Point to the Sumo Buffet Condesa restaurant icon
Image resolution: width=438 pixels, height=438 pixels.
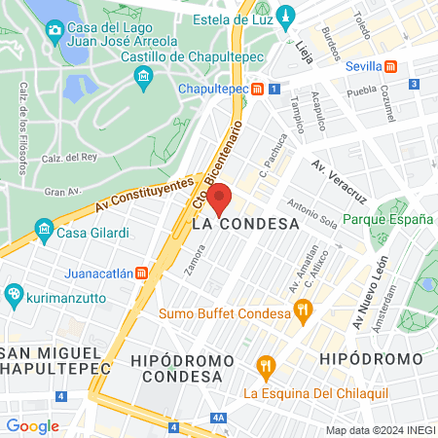coord(303,313)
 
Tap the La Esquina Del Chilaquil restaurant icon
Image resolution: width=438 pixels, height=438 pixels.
coord(264,367)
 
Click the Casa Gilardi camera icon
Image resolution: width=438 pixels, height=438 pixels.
coord(44,230)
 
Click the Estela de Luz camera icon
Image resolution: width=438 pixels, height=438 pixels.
coord(285,17)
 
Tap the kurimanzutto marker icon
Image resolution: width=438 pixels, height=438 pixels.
coord(14,293)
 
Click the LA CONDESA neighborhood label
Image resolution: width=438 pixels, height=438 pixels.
coord(244,224)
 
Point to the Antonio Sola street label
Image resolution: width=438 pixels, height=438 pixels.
coord(312,213)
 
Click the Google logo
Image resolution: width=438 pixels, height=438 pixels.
coord(32,425)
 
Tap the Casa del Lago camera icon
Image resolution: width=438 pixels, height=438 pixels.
coord(54,29)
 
